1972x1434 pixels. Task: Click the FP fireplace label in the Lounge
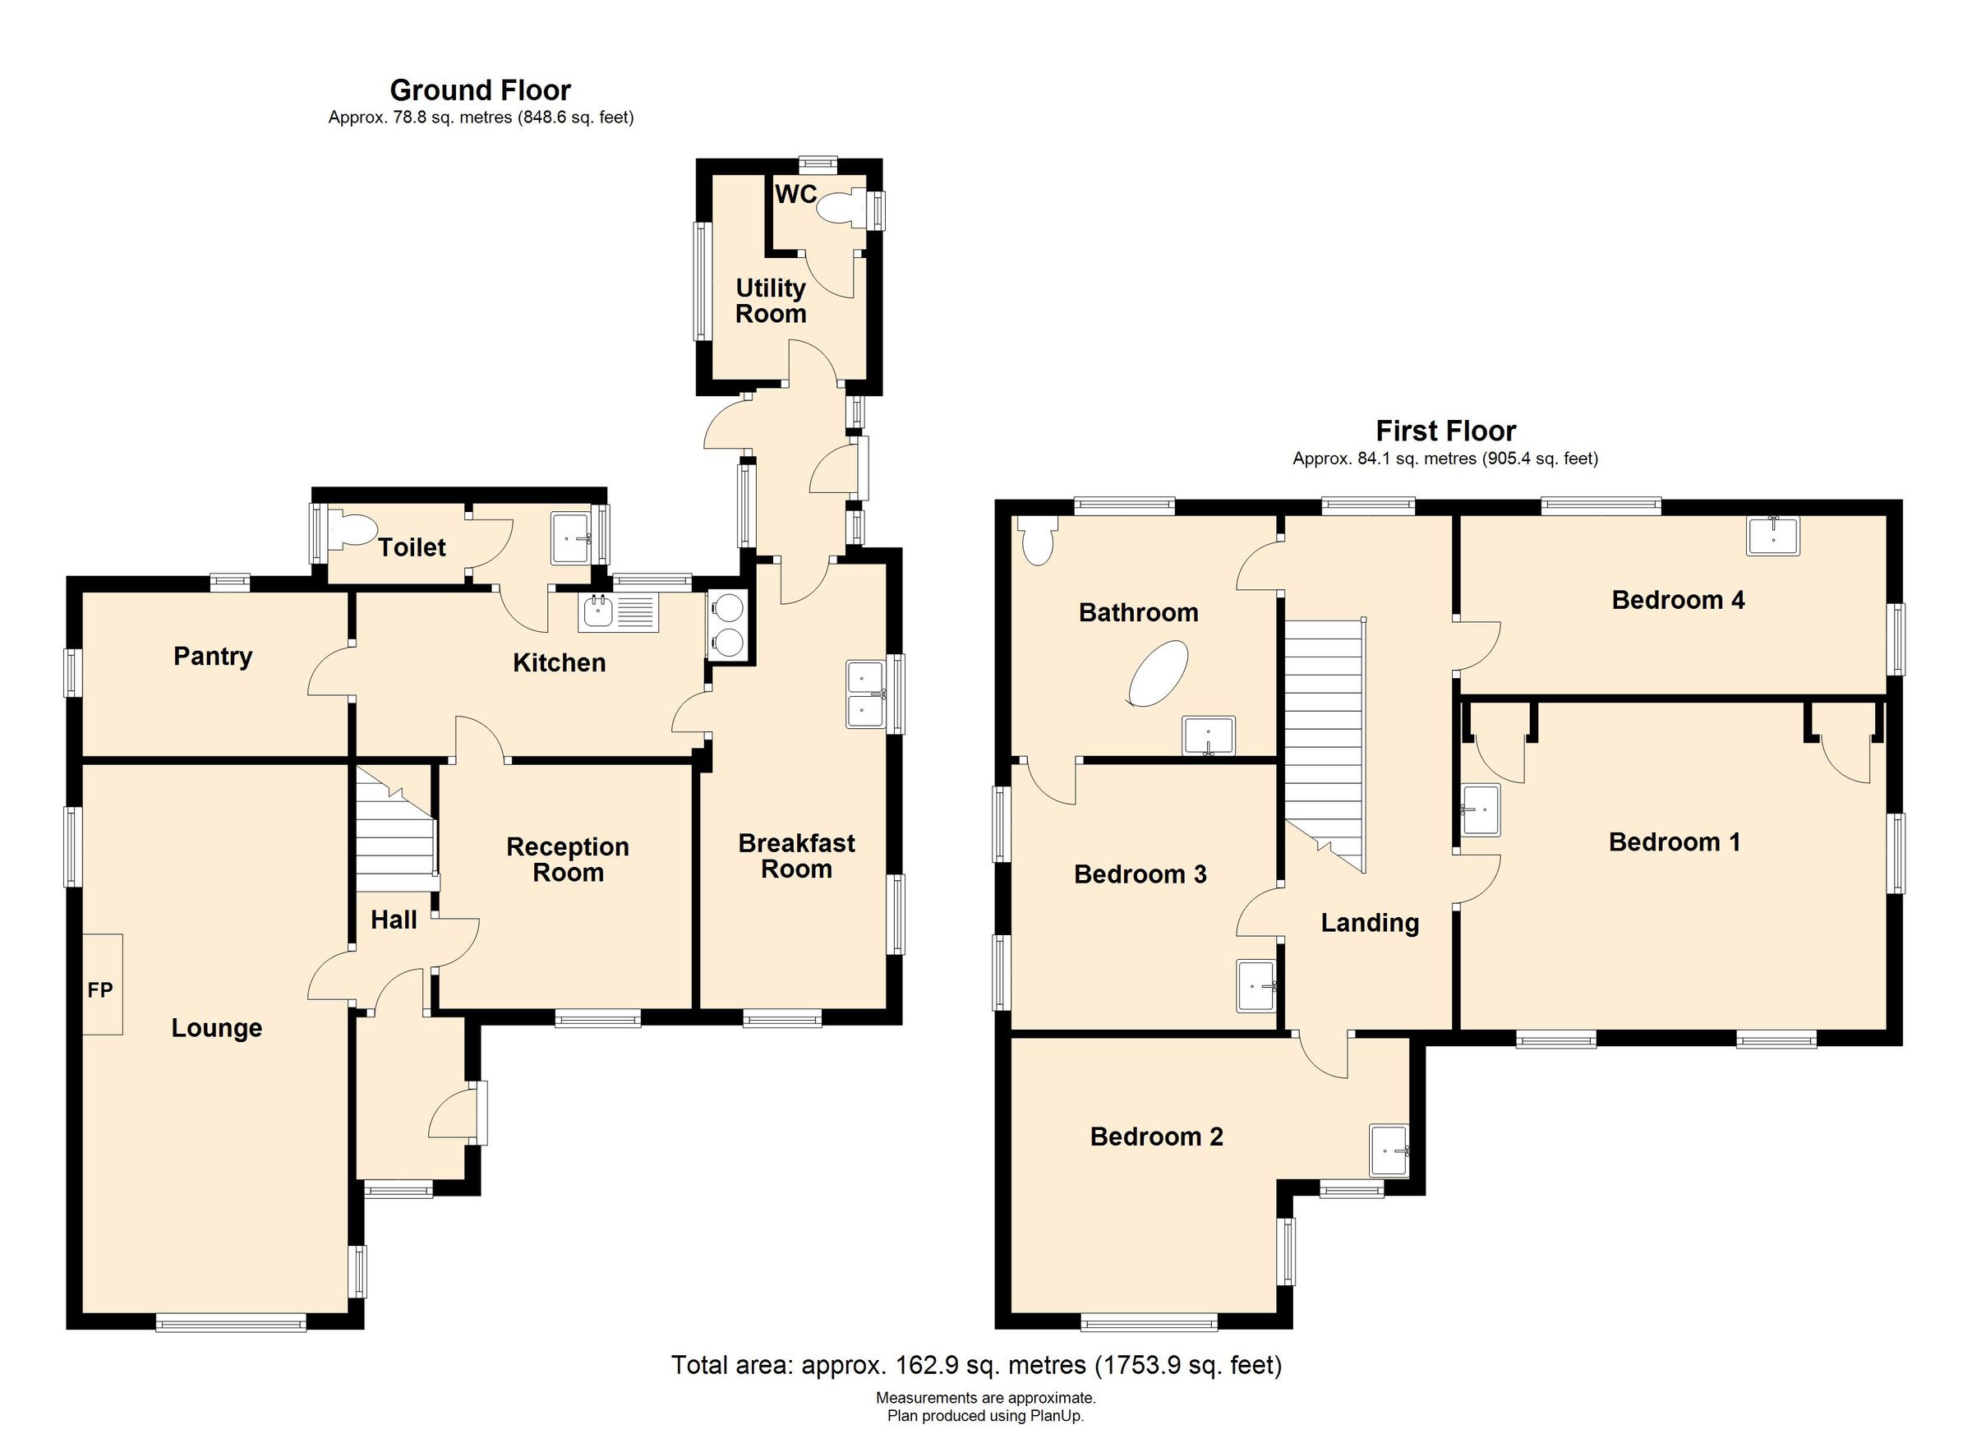[x=100, y=989]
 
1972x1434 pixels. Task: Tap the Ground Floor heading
[x=480, y=90]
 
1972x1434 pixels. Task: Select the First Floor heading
[x=1446, y=431]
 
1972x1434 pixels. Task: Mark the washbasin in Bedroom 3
[x=1256, y=986]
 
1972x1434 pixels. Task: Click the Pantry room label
[x=213, y=657]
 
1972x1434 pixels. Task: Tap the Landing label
[x=1370, y=923]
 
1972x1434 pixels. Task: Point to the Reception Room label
[x=568, y=860]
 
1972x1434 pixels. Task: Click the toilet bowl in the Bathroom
[x=1037, y=540]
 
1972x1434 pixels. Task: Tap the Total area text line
[x=976, y=1365]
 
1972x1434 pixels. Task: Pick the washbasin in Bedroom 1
[x=1481, y=809]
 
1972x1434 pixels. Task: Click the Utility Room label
[x=771, y=301]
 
